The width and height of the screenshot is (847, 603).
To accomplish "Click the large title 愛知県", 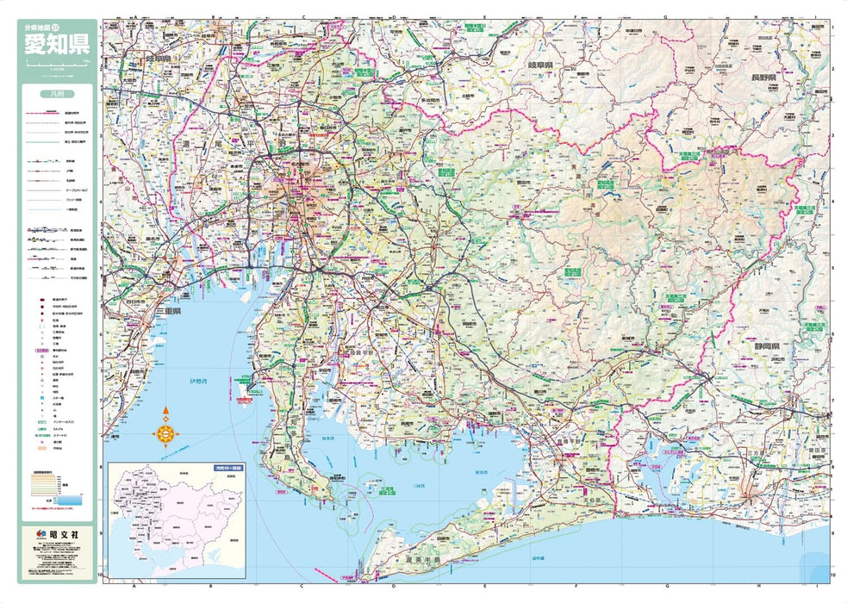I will (57, 44).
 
